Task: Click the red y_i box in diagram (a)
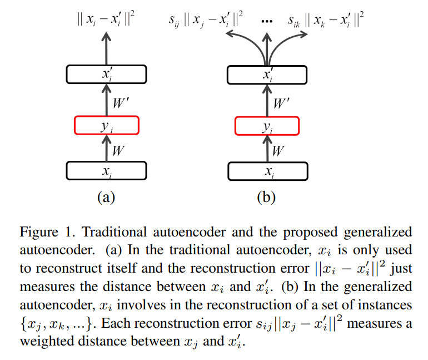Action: point(106,126)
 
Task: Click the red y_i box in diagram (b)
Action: point(267,126)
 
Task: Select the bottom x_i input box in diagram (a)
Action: point(106,171)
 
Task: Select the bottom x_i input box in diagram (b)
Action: point(267,171)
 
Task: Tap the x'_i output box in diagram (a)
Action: point(106,75)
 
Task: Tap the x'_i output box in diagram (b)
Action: point(267,75)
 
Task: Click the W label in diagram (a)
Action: point(118,150)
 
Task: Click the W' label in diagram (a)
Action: point(120,101)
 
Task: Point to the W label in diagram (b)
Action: point(278,150)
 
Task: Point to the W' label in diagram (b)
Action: point(281,101)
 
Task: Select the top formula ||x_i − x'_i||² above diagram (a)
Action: point(106,21)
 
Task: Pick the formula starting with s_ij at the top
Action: point(206,21)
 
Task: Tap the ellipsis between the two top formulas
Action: point(266,21)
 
